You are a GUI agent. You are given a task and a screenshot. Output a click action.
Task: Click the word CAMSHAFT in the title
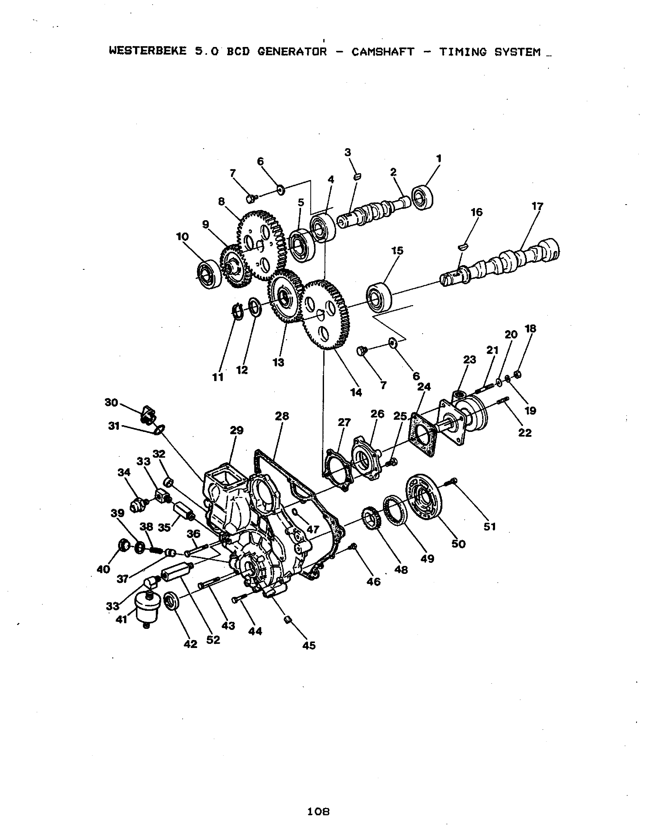click(x=383, y=52)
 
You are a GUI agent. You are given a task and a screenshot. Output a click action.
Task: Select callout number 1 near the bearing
click(x=439, y=158)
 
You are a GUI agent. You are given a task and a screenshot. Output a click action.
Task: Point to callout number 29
click(x=237, y=430)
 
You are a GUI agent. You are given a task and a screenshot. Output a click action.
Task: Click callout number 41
click(x=121, y=620)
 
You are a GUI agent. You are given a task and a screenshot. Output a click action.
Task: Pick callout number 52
click(x=213, y=640)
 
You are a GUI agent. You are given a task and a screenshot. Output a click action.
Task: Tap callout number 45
click(x=309, y=645)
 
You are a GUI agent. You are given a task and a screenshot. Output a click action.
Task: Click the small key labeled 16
click(x=464, y=246)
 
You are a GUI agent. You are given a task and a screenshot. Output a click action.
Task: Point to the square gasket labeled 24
click(x=423, y=435)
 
